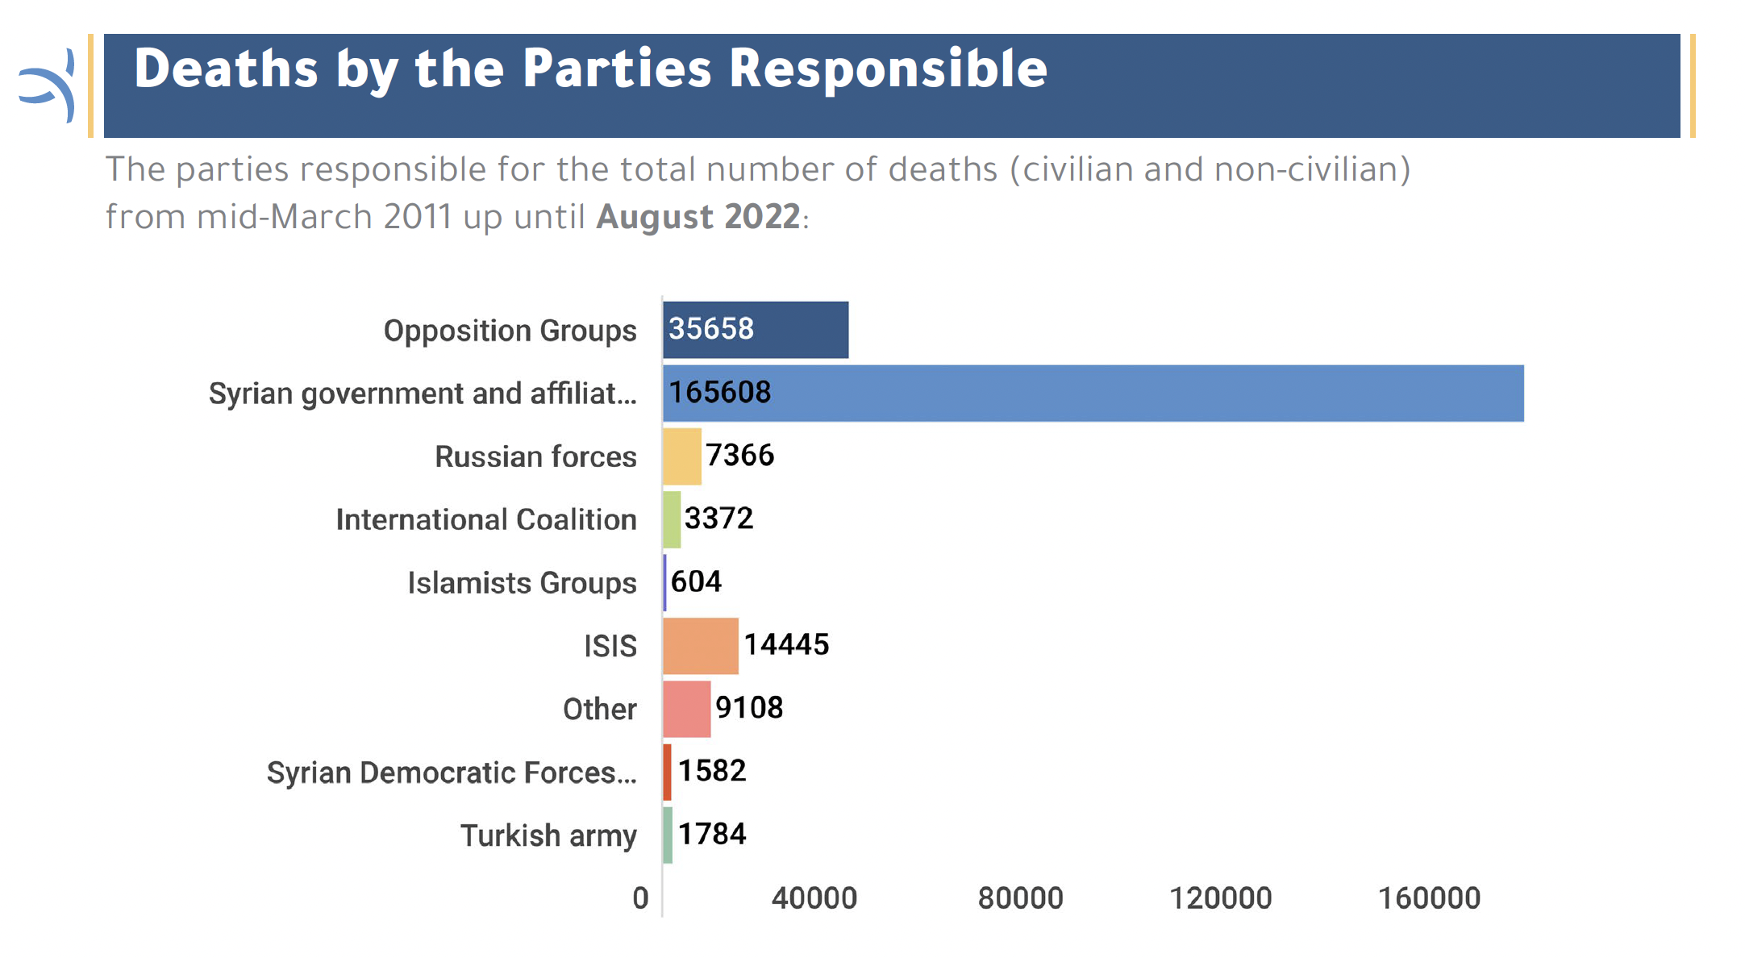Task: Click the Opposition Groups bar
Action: (x=756, y=330)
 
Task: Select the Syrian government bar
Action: (x=1093, y=393)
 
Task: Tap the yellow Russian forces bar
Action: (x=682, y=456)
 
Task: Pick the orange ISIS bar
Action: (x=701, y=646)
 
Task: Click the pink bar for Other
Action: (x=687, y=709)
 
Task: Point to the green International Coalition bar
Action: (x=672, y=519)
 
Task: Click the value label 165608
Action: (x=720, y=393)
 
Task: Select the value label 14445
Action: (x=786, y=645)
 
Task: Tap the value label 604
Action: (x=696, y=581)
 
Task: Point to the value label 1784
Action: (x=712, y=834)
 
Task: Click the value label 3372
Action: (x=718, y=519)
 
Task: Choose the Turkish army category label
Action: (x=548, y=836)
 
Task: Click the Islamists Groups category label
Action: (x=522, y=583)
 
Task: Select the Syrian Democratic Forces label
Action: (x=452, y=773)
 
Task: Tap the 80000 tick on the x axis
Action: (x=1020, y=898)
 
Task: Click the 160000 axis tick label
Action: (x=1429, y=898)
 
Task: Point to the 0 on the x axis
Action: (x=640, y=898)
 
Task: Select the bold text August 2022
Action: (x=698, y=217)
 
